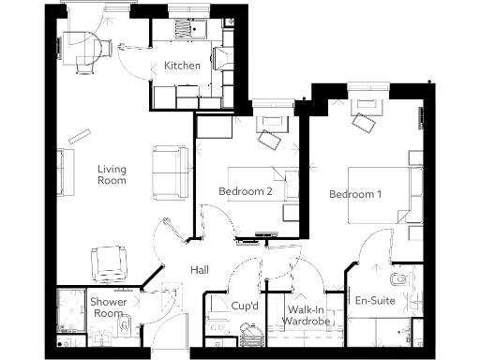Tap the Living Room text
pyautogui.click(x=112, y=175)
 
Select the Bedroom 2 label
pyautogui.click(x=245, y=191)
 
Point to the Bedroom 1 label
pyautogui.click(x=355, y=195)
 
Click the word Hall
pyautogui.click(x=200, y=270)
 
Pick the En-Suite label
pyautogui.click(x=375, y=302)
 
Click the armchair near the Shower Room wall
pyautogui.click(x=109, y=262)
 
